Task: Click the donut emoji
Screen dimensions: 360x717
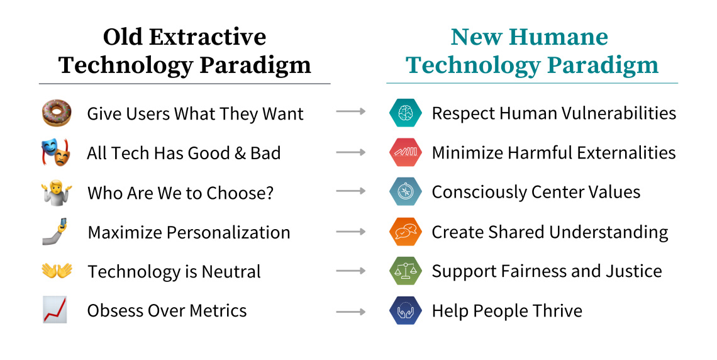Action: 57,113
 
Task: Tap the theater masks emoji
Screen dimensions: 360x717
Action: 56,153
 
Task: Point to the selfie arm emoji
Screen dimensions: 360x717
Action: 55,232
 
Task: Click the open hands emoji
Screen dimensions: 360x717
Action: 57,271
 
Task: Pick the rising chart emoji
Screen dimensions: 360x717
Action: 55,310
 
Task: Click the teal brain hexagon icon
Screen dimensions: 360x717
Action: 405,113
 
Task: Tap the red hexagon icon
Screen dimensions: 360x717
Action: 405,153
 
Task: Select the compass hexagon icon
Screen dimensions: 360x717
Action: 405,193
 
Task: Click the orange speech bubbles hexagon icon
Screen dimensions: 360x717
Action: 405,232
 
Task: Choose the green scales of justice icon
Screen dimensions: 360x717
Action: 405,271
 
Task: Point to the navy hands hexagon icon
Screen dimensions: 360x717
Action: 405,311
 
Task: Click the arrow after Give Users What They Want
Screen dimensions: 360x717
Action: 351,112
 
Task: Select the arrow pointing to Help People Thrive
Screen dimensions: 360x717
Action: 351,312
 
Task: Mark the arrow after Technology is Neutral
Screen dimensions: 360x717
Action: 351,271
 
